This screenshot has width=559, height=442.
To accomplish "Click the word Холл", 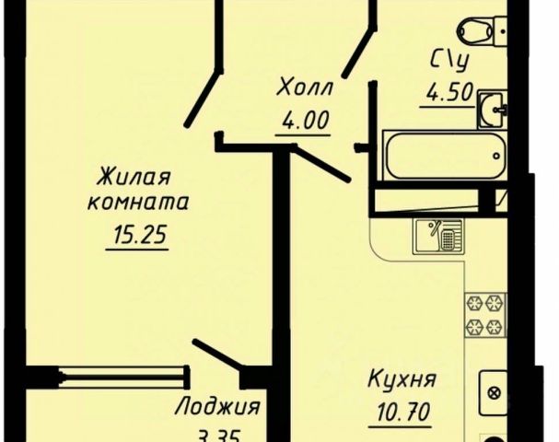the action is pyautogui.click(x=303, y=89).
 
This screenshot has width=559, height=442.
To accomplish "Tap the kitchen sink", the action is pyautogui.click(x=437, y=237).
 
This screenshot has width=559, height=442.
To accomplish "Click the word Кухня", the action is pyautogui.click(x=401, y=378).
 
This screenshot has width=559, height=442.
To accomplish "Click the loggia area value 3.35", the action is pyautogui.click(x=218, y=434).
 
